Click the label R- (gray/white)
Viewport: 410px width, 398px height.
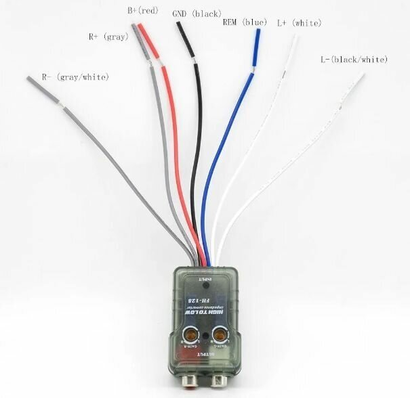[x=75, y=77]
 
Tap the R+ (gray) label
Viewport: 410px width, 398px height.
[x=108, y=37]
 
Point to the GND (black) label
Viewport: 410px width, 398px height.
[x=197, y=13]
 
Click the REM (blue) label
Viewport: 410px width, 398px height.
[x=245, y=22]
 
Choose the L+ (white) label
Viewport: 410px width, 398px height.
[x=299, y=22]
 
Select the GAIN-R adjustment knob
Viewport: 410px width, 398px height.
[x=191, y=333]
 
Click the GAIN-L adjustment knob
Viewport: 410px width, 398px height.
[x=220, y=333]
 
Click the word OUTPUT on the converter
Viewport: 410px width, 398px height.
[x=205, y=354]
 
